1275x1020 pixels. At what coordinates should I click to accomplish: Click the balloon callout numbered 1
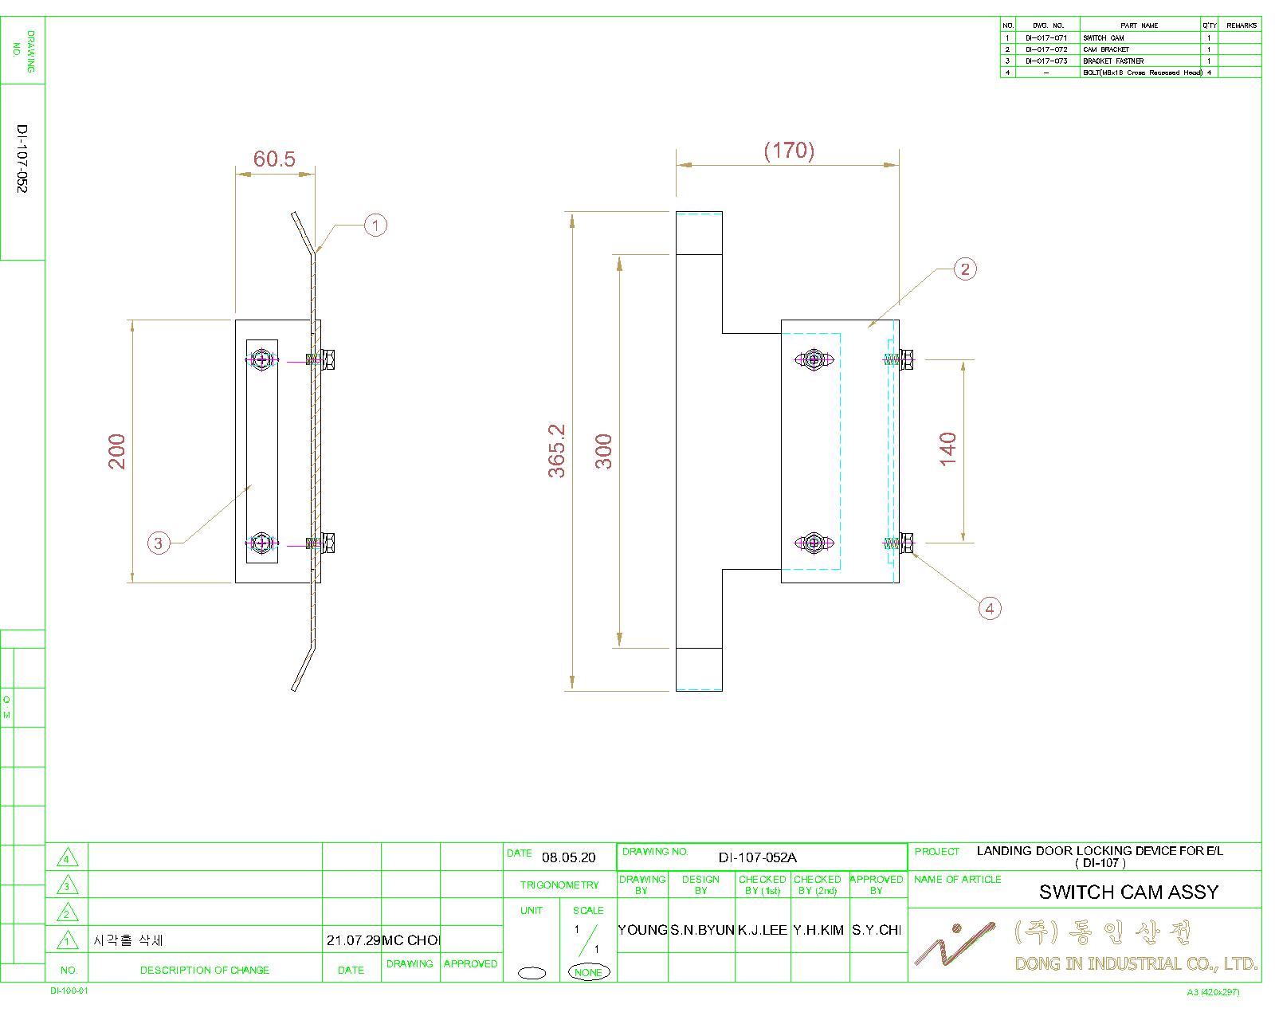click(x=375, y=226)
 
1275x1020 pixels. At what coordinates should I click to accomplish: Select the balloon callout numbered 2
click(x=965, y=269)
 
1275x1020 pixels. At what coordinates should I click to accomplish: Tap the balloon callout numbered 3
click(x=159, y=543)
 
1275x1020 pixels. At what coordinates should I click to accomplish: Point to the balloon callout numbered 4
click(x=990, y=609)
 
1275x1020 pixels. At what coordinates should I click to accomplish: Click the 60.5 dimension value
click(x=274, y=159)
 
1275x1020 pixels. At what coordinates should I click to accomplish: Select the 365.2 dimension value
click(x=556, y=451)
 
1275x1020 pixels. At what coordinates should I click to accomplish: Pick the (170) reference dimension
click(x=789, y=150)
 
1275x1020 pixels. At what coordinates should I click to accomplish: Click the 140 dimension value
click(x=947, y=449)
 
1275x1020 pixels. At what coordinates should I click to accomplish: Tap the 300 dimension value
click(x=604, y=451)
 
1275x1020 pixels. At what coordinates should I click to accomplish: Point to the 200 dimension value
click(x=117, y=451)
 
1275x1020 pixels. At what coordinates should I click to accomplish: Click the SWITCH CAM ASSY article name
click(x=1128, y=892)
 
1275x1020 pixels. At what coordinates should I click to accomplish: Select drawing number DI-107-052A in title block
click(x=757, y=857)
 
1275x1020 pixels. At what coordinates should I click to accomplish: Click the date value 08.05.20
click(x=568, y=858)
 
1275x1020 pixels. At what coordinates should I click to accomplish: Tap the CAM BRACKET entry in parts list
click(x=1106, y=49)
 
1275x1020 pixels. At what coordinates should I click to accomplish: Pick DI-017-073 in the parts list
click(x=1046, y=61)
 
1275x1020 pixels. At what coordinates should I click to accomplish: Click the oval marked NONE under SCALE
click(x=588, y=972)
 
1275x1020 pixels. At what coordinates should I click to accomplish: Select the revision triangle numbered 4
click(x=68, y=858)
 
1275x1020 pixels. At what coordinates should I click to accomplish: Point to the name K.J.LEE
click(x=762, y=930)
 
